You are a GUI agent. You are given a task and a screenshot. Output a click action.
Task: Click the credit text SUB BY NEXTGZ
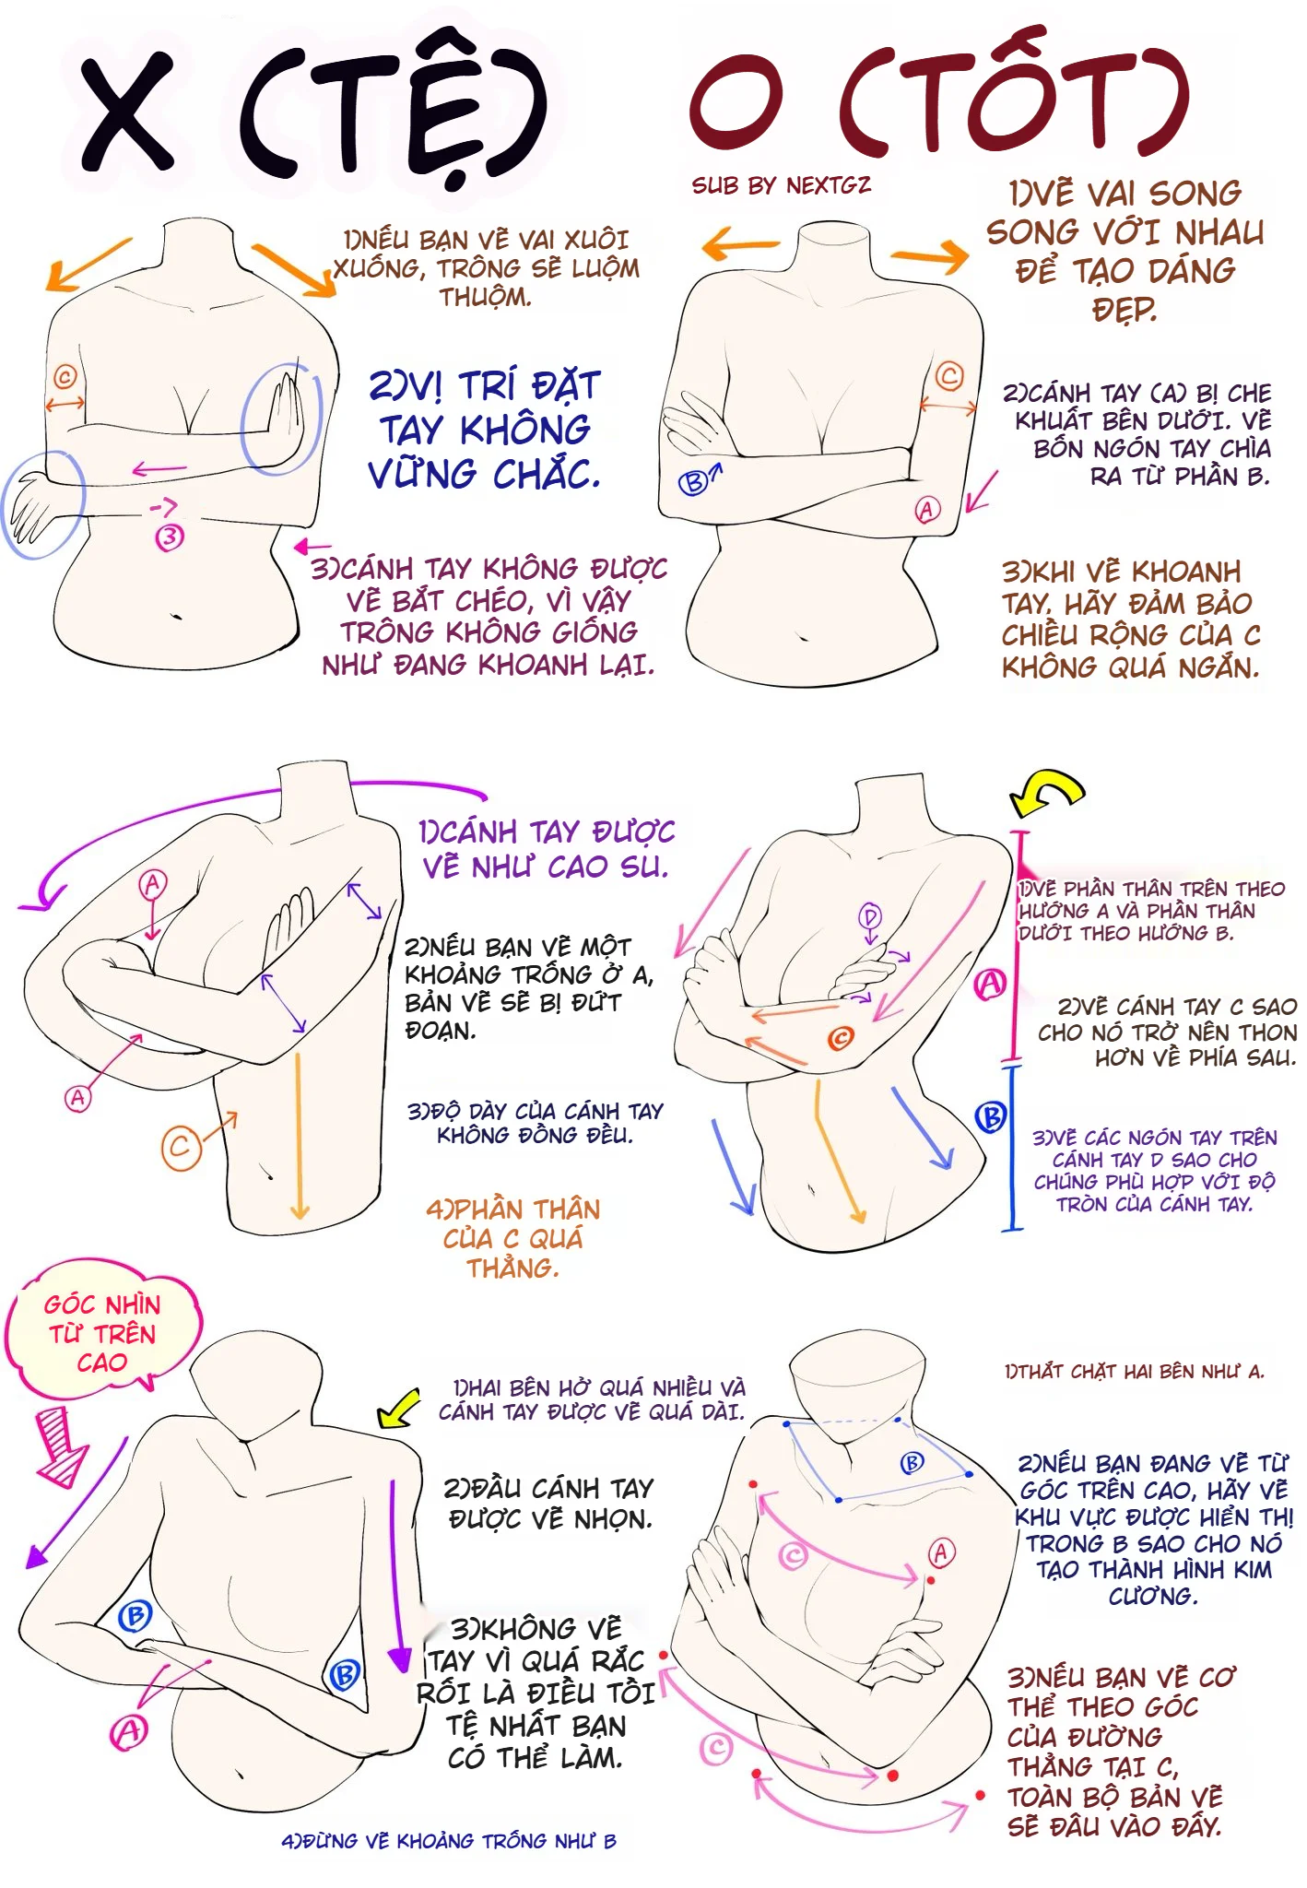[x=781, y=185]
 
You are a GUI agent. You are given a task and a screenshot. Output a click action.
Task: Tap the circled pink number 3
[x=169, y=537]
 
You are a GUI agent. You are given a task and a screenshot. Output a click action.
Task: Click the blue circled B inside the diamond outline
[x=911, y=1462]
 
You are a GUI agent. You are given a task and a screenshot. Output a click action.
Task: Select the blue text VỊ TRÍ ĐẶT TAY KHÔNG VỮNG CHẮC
[x=485, y=429]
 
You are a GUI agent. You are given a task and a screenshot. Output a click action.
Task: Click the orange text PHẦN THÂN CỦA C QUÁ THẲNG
[x=512, y=1237]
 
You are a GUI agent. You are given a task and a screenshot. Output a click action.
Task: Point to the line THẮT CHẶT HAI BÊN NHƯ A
[x=1135, y=1372]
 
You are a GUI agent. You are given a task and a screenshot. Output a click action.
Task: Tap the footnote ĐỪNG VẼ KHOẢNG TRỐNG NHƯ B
[x=449, y=1841]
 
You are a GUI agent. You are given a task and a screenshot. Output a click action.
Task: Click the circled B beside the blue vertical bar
[x=991, y=1118]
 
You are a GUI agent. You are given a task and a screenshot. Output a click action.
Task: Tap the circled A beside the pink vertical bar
[x=991, y=984]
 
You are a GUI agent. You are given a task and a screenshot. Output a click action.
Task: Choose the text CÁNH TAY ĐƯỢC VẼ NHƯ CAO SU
[x=547, y=849]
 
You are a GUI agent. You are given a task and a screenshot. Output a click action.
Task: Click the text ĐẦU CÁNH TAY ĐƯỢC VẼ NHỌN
[x=549, y=1504]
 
